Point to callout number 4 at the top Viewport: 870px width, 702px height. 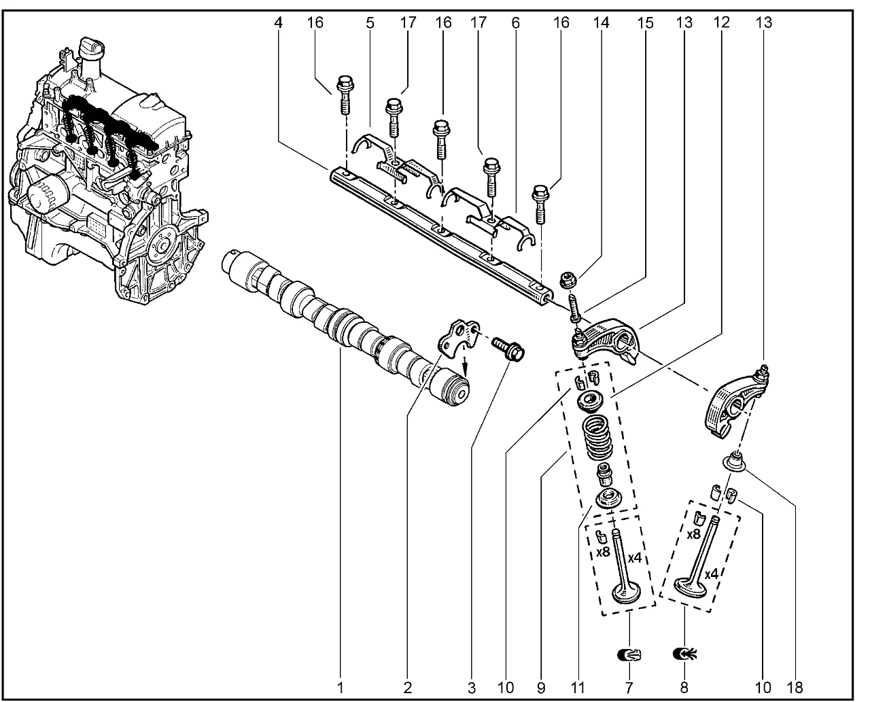(x=279, y=22)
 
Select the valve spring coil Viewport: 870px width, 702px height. (x=597, y=439)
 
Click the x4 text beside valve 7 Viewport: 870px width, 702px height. (x=636, y=558)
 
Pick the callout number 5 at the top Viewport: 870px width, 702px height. (x=370, y=22)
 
